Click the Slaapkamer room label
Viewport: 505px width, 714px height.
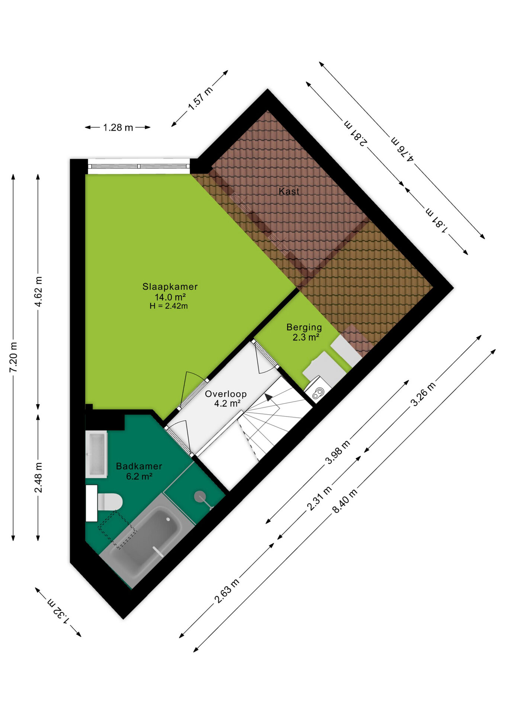tap(170, 286)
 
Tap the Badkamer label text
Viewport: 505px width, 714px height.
tap(139, 466)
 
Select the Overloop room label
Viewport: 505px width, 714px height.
tap(226, 394)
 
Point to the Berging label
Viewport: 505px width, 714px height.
tap(304, 328)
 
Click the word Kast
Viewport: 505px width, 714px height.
tap(289, 191)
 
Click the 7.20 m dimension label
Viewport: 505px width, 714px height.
tap(13, 357)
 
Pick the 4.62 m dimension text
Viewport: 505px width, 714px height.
tap(38, 292)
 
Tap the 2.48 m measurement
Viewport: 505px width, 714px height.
tap(38, 477)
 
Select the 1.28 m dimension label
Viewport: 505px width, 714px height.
tap(118, 128)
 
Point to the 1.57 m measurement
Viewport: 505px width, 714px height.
tap(200, 99)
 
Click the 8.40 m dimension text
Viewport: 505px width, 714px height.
tap(345, 501)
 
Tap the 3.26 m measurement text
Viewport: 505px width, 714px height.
tap(423, 394)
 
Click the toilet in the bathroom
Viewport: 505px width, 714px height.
tap(110, 502)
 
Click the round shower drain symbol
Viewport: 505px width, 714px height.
tap(200, 496)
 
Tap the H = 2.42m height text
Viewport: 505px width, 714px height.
tap(168, 306)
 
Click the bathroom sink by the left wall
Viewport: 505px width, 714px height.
tap(96, 454)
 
